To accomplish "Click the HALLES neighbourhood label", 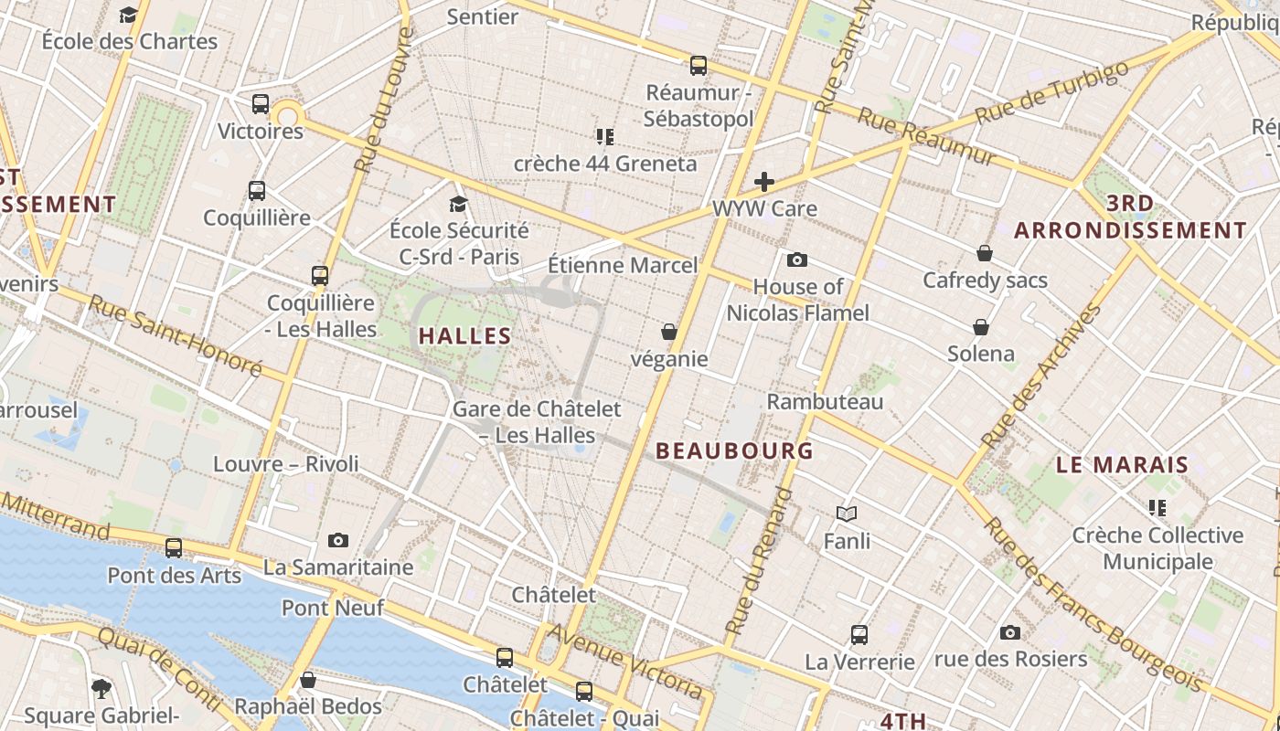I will point(465,335).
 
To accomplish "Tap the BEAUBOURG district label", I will point(734,450).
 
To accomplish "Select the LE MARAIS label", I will point(1122,464).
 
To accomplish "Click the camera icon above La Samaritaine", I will point(338,540).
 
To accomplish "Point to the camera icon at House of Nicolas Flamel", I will point(797,260).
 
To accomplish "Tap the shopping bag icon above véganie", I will point(669,332).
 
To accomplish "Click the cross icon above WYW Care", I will point(764,182).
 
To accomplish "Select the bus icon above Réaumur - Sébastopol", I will point(699,66).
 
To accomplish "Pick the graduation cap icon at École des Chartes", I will point(129,15).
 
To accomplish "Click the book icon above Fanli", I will point(847,514).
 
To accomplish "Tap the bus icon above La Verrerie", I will point(859,634).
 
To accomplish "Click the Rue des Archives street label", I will point(1041,376).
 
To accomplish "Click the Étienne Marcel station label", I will point(622,265).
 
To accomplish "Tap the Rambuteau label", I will point(825,401).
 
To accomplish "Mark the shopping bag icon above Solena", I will point(981,327).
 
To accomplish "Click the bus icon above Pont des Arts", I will point(174,548).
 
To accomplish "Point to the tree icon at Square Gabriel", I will point(101,688).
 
